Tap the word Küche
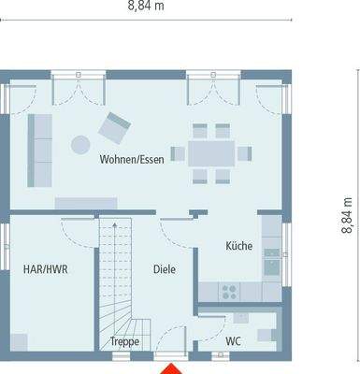click(238, 246)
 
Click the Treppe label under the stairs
click(124, 342)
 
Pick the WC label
click(235, 342)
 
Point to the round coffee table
click(81, 143)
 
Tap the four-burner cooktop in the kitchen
click(226, 292)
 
